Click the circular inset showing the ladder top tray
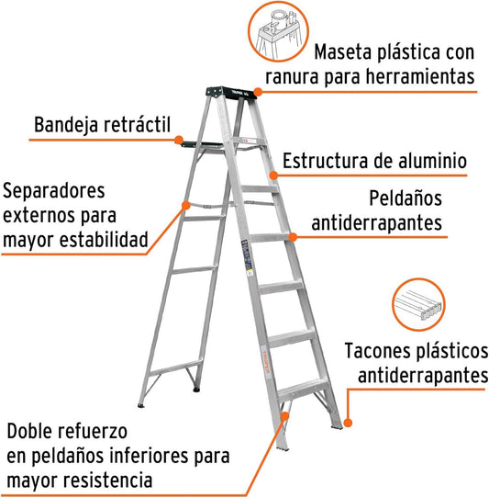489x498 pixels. (278, 31)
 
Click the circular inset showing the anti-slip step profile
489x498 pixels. (418, 304)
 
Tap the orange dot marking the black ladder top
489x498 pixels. (258, 92)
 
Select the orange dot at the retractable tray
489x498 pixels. (179, 140)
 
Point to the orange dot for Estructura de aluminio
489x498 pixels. (273, 175)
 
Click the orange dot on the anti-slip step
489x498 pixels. (293, 237)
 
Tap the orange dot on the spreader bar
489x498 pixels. (186, 206)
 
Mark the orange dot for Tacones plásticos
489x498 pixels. (348, 423)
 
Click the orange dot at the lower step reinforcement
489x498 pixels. (284, 416)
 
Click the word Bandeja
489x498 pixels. (66, 125)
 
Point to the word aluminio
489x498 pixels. (432, 161)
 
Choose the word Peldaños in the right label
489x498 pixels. (406, 198)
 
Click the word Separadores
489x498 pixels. (53, 191)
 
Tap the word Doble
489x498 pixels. (29, 431)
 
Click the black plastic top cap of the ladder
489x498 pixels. (231, 93)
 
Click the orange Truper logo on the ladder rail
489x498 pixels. (266, 362)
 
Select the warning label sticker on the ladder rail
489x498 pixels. (248, 255)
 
